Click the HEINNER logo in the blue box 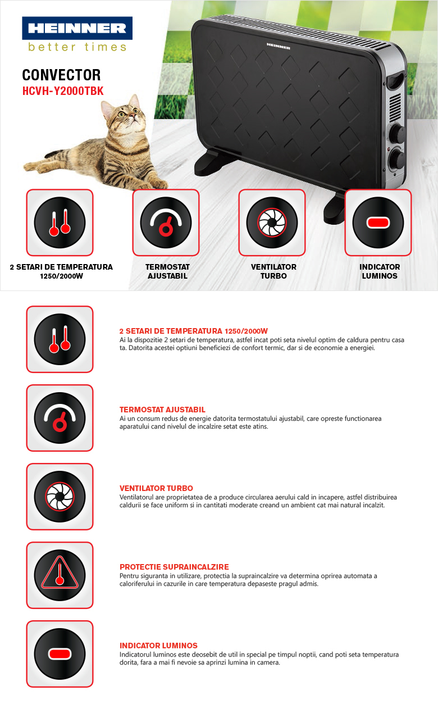coord(77,28)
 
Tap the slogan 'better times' coord(77,47)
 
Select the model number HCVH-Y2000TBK coord(63,91)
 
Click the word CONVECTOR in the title coord(61,75)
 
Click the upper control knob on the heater coord(396,133)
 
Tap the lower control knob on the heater coord(396,160)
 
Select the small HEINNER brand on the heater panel coord(279,46)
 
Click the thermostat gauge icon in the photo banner coord(166,222)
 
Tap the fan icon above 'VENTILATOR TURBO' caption coord(272,222)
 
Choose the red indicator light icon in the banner coord(378,222)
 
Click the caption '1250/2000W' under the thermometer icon coord(61,276)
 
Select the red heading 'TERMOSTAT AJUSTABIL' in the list coord(162,410)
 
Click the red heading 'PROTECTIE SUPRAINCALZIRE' coord(174,567)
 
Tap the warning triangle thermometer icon coord(60,575)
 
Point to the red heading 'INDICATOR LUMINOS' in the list coord(158,646)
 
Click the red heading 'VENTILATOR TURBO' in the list coord(156,488)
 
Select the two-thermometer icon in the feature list coord(60,339)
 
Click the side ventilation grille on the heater coord(395,107)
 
